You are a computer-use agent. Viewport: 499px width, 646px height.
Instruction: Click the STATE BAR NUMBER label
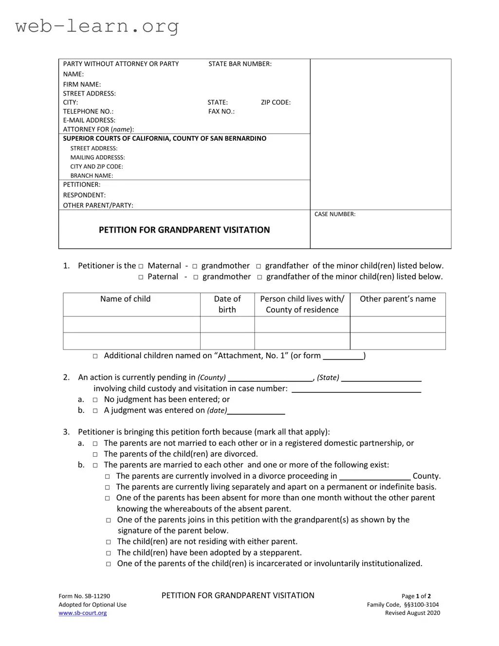pyautogui.click(x=240, y=64)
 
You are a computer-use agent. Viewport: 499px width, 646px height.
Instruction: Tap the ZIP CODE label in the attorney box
pyautogui.click(x=276, y=102)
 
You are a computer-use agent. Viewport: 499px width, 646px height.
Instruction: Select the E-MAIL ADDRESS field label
pyautogui.click(x=89, y=120)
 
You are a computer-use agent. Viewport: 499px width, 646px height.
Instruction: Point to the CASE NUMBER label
pyautogui.click(x=335, y=214)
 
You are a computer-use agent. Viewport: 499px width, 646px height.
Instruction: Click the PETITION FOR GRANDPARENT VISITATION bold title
pyautogui.click(x=184, y=230)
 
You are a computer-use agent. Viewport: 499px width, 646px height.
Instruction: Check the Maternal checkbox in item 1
pyautogui.click(x=141, y=266)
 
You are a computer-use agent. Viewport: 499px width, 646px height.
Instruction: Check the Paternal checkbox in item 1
pyautogui.click(x=141, y=277)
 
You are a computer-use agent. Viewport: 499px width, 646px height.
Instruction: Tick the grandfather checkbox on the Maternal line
pyautogui.click(x=259, y=266)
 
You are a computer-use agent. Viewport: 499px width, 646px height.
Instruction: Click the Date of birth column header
pyautogui.click(x=227, y=304)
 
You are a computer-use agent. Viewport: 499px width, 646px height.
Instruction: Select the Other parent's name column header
pyautogui.click(x=398, y=299)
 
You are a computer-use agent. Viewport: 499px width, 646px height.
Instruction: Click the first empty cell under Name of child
pyautogui.click(x=131, y=325)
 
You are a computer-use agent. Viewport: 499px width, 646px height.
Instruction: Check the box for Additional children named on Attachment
pyautogui.click(x=95, y=356)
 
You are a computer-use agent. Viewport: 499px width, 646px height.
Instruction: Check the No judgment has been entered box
pyautogui.click(x=95, y=400)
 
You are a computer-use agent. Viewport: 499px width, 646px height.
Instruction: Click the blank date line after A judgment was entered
pyautogui.click(x=256, y=411)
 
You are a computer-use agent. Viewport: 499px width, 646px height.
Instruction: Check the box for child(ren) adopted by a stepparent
pyautogui.click(x=108, y=553)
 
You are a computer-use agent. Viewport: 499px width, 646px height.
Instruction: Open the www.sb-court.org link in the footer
pyautogui.click(x=83, y=613)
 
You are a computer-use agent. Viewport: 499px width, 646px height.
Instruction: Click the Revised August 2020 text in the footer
pyautogui.click(x=412, y=613)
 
